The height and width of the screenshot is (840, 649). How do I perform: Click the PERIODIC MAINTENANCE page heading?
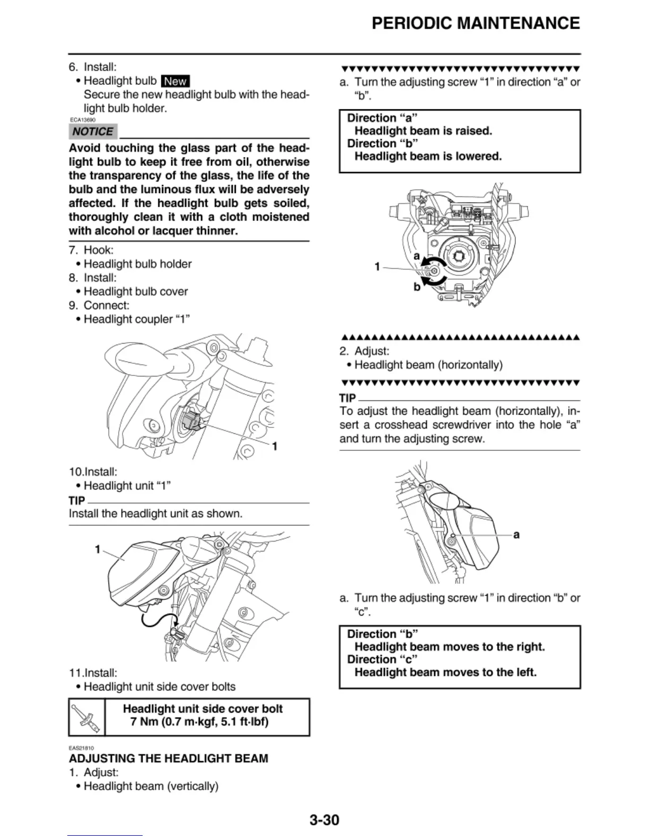point(476,23)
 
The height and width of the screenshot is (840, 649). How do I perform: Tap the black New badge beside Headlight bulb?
point(175,81)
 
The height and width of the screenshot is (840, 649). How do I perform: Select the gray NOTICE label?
point(93,132)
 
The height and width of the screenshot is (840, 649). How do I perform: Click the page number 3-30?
point(324,820)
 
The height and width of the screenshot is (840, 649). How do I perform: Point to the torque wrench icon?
point(86,717)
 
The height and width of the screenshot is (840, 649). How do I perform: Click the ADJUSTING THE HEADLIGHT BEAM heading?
point(168,758)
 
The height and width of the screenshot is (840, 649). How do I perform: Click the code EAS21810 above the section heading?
point(81,748)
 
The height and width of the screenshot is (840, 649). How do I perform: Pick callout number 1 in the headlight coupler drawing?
point(275,447)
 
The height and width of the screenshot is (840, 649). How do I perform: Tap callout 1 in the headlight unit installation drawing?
point(98,549)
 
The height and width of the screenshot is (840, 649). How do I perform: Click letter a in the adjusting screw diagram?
point(417,257)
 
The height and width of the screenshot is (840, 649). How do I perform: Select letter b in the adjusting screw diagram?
point(417,287)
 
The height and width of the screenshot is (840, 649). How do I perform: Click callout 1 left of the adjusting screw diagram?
point(378,267)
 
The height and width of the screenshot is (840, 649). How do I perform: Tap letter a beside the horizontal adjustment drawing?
point(516,535)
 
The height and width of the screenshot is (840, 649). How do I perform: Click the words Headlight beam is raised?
point(423,131)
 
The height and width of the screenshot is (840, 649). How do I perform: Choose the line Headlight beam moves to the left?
point(445,672)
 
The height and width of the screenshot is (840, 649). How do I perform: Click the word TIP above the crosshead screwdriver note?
point(347,398)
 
